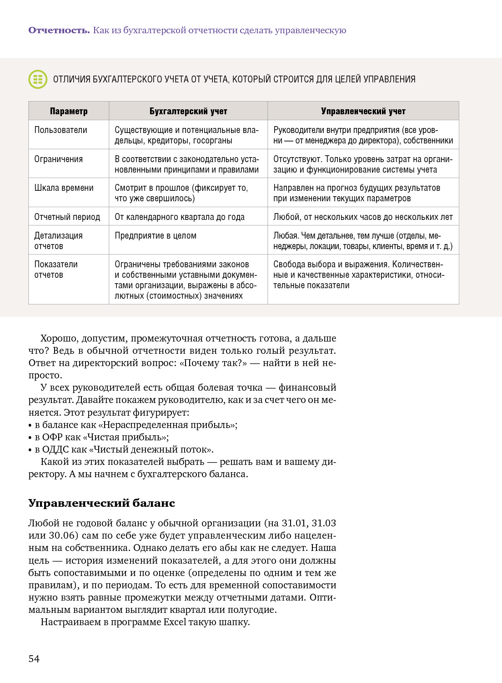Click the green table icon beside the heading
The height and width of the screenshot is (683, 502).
38,79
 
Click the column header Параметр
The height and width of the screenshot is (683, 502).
69,111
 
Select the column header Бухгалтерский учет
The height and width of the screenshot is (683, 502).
188,111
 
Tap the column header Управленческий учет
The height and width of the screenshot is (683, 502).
363,111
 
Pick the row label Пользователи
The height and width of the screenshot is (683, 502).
60,130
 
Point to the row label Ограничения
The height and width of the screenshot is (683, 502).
58,159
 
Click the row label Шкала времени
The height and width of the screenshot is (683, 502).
64,188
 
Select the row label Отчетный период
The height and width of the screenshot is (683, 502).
67,217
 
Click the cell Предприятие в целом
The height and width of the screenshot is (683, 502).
156,236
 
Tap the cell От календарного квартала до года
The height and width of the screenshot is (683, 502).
180,217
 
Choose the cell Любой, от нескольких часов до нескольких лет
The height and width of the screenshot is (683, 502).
363,217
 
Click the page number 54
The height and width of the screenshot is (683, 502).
34,659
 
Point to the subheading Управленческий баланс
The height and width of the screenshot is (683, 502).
101,503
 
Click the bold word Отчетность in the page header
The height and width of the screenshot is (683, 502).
59,31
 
